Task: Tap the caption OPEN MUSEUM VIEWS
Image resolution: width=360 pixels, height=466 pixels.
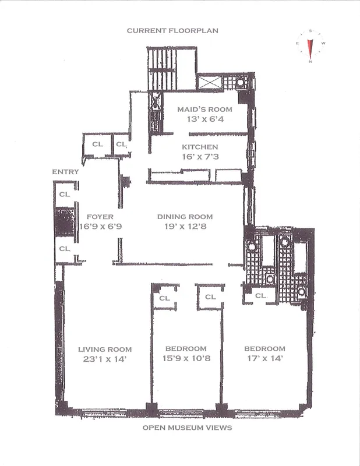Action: point(187,428)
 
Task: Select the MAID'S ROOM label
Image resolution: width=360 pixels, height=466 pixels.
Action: point(204,110)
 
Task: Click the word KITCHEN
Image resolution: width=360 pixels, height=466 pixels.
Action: point(200,147)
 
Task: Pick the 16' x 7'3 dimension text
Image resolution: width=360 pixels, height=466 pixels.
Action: point(200,158)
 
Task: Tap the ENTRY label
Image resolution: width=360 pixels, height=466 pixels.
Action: point(65,172)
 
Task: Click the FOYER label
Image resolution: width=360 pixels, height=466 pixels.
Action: point(100,216)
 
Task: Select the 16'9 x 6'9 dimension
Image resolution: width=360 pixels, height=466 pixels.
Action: point(100,226)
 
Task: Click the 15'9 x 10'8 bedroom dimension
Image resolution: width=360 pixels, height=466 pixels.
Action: point(187,359)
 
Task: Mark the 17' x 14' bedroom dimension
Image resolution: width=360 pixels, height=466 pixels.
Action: point(265,359)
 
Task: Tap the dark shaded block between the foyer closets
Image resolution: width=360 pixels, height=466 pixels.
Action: point(65,221)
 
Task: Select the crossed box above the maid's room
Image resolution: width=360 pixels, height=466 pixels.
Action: point(210,82)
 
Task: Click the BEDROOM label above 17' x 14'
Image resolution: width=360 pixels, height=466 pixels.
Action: point(265,349)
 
